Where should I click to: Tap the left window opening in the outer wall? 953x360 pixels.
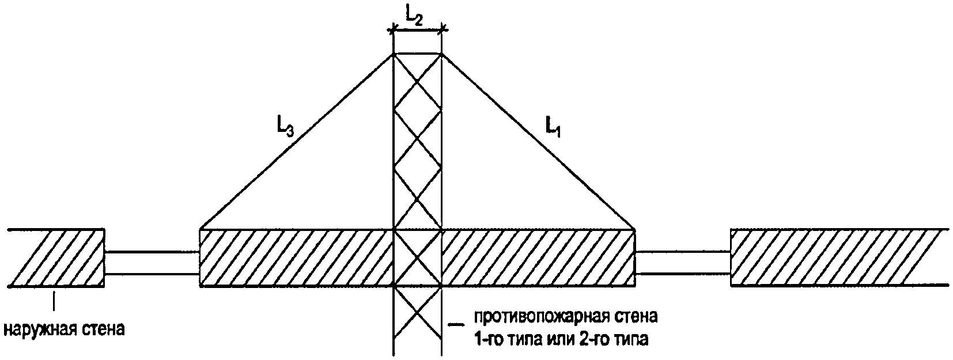(152, 263)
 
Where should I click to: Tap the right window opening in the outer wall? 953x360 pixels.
(683, 263)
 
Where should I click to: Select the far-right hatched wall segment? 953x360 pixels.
(838, 257)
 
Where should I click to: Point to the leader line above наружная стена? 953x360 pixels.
(54, 302)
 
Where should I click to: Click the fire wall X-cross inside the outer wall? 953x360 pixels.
(418, 257)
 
